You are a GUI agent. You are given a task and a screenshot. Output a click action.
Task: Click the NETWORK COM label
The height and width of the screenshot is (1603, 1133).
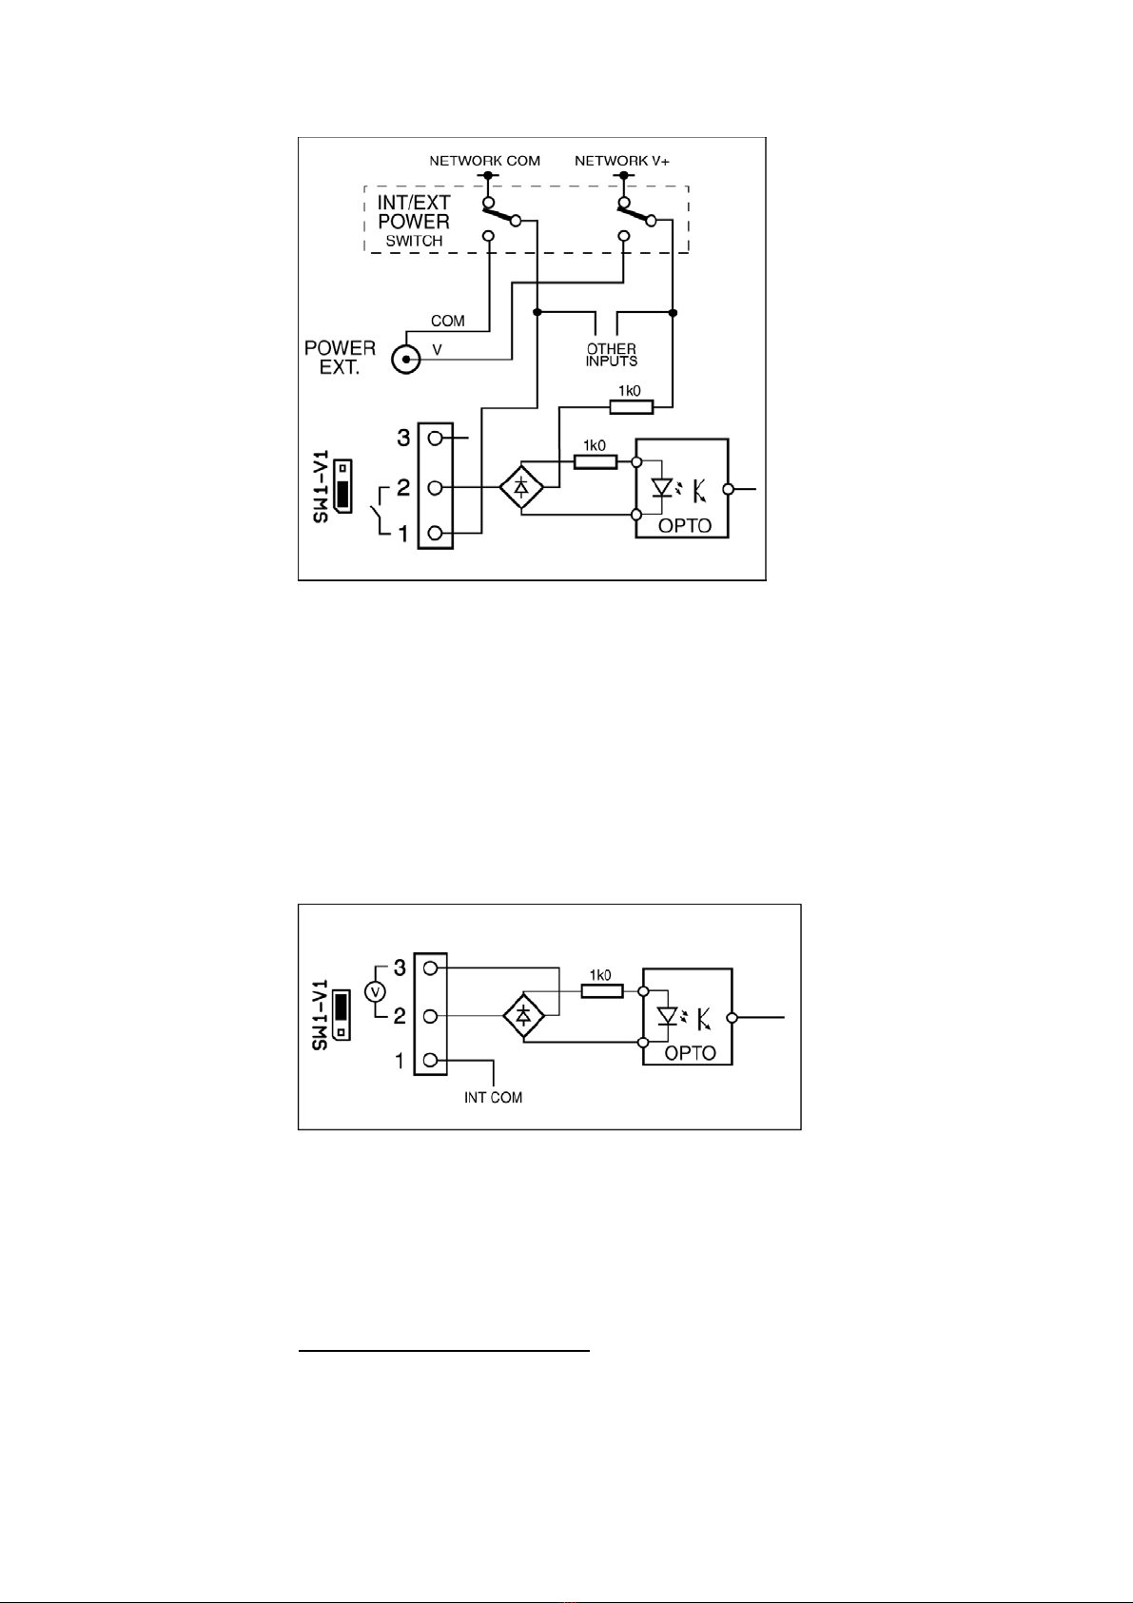tap(484, 161)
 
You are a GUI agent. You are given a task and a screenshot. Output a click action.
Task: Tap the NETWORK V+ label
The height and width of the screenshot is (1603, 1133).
tap(622, 161)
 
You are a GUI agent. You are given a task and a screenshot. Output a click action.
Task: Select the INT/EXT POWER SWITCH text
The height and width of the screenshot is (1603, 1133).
tap(414, 221)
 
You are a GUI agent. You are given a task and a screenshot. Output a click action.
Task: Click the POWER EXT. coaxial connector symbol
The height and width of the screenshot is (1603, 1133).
tap(407, 360)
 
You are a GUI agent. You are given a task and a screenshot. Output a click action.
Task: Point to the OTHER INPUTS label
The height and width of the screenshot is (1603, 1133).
tap(611, 355)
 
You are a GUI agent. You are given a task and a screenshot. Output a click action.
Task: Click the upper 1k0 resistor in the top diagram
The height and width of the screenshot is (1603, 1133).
tap(631, 407)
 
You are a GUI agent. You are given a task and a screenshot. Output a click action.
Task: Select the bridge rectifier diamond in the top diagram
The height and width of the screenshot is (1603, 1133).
tap(522, 488)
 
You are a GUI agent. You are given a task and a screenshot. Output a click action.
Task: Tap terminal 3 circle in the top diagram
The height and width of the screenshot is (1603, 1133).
tap(436, 439)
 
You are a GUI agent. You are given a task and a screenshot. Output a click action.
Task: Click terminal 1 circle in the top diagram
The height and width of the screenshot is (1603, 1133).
tap(436, 533)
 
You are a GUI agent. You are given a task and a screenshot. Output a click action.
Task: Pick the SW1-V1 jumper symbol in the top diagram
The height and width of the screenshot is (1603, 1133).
tap(344, 491)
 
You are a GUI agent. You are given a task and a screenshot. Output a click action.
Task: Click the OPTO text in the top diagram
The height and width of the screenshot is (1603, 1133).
tap(684, 526)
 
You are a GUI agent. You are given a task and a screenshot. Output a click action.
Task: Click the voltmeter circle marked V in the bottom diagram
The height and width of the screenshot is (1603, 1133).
tap(376, 992)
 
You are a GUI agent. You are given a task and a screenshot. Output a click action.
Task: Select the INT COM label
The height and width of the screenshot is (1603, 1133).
tap(493, 1097)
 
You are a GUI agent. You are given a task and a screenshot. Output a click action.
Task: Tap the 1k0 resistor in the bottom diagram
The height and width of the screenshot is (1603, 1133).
tap(601, 991)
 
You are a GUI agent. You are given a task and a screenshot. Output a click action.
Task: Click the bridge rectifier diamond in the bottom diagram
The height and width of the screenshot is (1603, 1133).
tap(523, 1017)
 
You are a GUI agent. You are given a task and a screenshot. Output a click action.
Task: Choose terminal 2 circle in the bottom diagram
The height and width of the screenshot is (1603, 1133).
tap(431, 1016)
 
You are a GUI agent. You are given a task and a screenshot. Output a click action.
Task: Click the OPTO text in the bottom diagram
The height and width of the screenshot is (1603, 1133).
tap(691, 1053)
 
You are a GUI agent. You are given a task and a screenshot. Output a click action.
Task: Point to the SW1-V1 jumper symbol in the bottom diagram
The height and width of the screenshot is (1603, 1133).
tap(343, 1017)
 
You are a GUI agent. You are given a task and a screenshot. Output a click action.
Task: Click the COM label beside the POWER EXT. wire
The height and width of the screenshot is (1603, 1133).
tap(447, 322)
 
